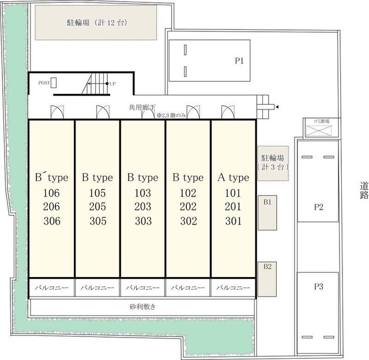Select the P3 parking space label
(318, 286)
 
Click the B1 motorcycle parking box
(268, 213)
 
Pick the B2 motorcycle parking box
(267, 279)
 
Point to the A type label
(234, 177)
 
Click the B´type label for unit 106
(51, 177)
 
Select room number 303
(142, 221)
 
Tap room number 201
(234, 207)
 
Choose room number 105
(97, 192)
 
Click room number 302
(188, 221)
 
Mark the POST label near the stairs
(44, 83)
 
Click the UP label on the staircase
(112, 84)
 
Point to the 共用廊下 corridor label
(142, 107)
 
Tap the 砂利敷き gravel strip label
(142, 307)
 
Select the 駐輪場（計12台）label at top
(96, 23)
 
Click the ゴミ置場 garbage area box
(321, 128)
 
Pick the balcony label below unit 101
(234, 287)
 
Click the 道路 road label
(363, 190)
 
